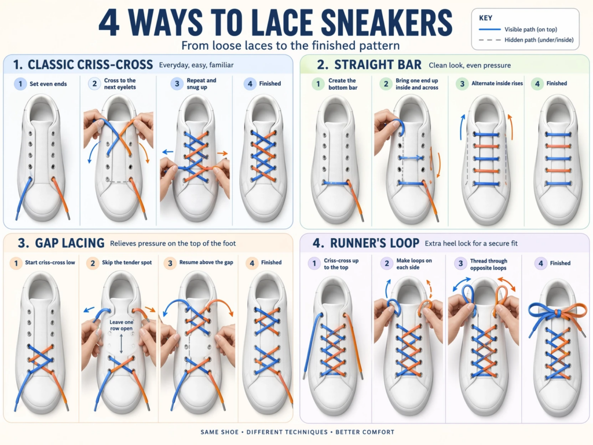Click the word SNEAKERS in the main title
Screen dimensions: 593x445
(x=386, y=23)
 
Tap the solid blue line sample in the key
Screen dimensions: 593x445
(x=489, y=30)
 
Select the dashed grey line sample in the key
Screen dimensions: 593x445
(x=489, y=40)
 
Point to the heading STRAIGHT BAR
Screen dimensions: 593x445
(x=378, y=65)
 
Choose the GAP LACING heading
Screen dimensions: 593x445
(x=69, y=243)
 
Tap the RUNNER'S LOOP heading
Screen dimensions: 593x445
(x=375, y=243)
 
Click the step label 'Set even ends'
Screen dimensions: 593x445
(x=49, y=84)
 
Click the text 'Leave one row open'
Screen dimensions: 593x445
(x=122, y=325)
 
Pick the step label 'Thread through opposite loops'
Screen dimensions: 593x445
(x=489, y=264)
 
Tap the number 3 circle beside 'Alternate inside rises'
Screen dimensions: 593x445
(x=462, y=83)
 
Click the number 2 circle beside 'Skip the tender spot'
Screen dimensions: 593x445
(x=93, y=263)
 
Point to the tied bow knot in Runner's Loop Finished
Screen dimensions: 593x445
(x=558, y=312)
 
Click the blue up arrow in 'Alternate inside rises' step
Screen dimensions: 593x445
(x=462, y=127)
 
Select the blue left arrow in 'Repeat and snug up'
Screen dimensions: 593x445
(x=167, y=152)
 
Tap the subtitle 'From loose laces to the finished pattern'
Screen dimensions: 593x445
(x=291, y=46)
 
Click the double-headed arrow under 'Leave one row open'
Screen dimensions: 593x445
(x=122, y=344)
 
